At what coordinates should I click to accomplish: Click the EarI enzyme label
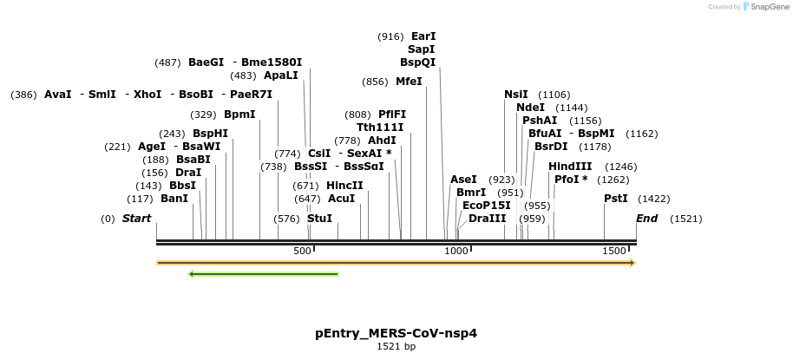coord(423,36)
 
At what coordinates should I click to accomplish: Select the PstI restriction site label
coord(616,199)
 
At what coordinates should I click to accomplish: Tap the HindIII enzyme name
coord(570,167)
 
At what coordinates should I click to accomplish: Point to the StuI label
coord(319,219)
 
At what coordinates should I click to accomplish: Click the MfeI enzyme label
coord(409,82)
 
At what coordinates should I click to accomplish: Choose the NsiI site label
coord(516,95)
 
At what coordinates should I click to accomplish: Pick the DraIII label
coord(487,219)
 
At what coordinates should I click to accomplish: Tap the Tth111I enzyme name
coord(380,128)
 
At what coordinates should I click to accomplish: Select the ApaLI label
coord(281,75)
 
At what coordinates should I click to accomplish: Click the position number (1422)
coord(653,199)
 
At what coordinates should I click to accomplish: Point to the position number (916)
coord(390,36)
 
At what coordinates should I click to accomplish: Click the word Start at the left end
coord(136,219)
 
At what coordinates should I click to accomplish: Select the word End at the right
coord(647,219)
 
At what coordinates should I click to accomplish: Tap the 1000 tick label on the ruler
coord(455,251)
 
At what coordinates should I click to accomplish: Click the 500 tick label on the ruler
coord(302,251)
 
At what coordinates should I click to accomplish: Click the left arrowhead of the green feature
coord(192,274)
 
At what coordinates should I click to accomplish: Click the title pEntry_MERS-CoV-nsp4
coord(396,333)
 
